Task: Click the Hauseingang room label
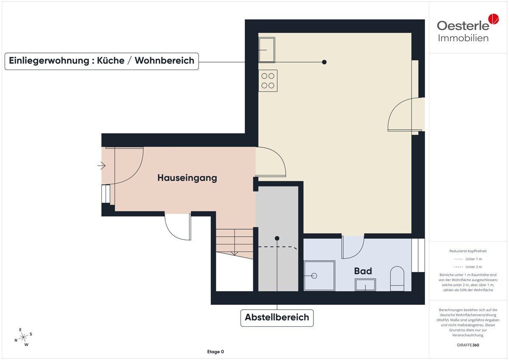click(187, 178)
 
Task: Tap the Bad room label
click(363, 271)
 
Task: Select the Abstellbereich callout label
click(277, 317)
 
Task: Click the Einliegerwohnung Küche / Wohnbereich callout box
click(101, 61)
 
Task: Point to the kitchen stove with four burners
click(268, 81)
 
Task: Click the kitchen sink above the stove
click(267, 50)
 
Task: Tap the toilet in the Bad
click(397, 279)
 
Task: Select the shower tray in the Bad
click(319, 276)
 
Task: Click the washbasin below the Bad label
click(365, 285)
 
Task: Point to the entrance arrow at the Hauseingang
click(101, 166)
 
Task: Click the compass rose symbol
click(23, 337)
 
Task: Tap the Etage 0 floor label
click(215, 352)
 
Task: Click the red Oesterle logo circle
click(494, 19)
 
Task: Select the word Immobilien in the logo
click(463, 38)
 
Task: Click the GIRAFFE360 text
click(468, 345)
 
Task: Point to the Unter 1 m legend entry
click(468, 259)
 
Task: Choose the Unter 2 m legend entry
click(468, 267)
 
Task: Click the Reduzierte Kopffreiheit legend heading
click(468, 251)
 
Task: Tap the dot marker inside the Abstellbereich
click(277, 238)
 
